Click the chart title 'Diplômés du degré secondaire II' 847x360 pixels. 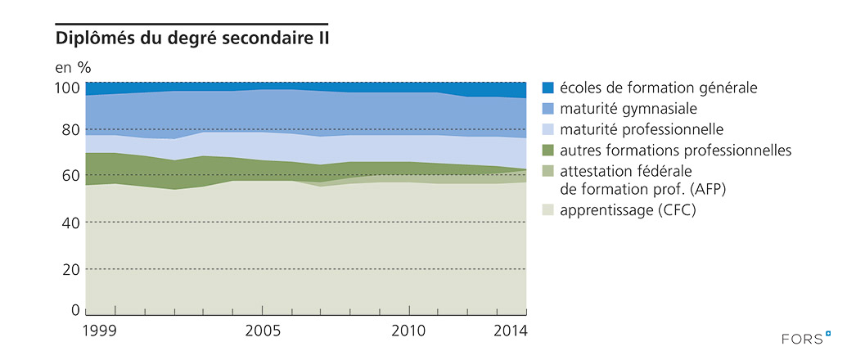(191, 38)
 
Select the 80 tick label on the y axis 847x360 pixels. (71, 129)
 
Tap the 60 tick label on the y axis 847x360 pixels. (71, 175)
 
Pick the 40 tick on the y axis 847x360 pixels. (71, 223)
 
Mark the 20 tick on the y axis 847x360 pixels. (71, 269)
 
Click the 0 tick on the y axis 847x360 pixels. (75, 311)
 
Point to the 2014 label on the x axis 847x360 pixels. (511, 331)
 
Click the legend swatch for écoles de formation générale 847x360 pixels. (548, 88)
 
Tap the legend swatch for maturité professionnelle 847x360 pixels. (548, 129)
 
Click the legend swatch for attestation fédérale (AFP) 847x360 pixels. (548, 171)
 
